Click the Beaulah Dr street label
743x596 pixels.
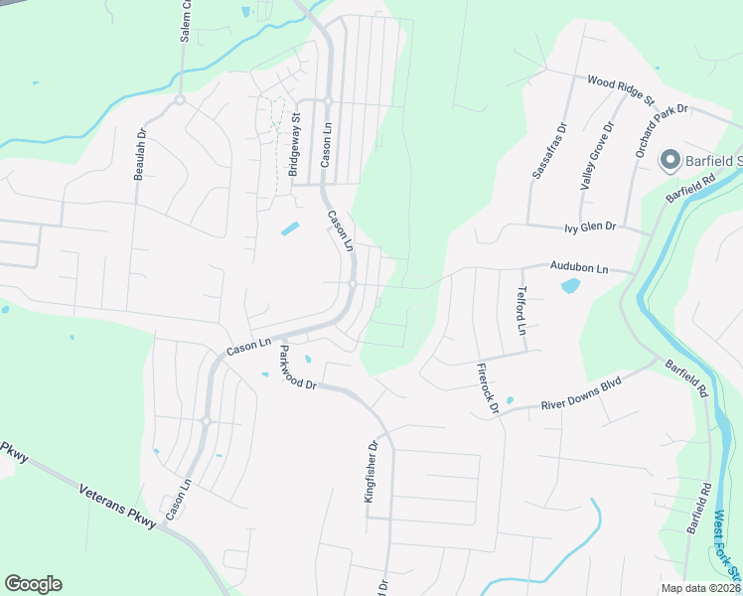tap(140, 154)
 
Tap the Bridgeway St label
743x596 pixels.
tap(294, 145)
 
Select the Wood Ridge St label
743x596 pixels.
tap(621, 89)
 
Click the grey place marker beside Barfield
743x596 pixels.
tap(669, 160)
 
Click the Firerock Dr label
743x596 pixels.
tap(486, 387)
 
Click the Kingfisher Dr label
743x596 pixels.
tap(372, 472)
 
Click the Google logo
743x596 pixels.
tap(33, 583)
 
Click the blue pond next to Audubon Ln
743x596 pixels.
tap(570, 286)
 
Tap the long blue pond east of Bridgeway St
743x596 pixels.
tap(290, 228)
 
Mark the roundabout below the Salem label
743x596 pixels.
tap(180, 99)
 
